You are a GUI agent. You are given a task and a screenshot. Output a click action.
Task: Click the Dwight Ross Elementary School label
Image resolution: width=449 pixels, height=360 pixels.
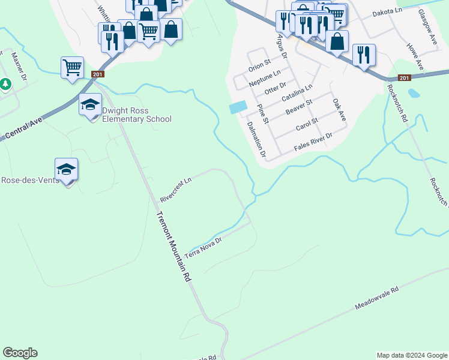(x=137, y=115)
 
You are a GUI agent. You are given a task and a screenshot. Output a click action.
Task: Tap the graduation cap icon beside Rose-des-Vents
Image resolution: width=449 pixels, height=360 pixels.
(x=66, y=170)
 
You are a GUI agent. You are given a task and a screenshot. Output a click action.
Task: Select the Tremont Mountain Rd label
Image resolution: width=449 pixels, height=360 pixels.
(x=173, y=247)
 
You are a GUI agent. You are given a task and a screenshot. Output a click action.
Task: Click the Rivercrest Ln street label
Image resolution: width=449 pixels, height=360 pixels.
(x=175, y=190)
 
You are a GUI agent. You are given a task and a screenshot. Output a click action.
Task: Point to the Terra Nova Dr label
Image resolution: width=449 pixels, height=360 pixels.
(x=203, y=247)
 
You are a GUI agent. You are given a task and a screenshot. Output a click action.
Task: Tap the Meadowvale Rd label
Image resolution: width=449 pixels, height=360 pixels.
(x=377, y=298)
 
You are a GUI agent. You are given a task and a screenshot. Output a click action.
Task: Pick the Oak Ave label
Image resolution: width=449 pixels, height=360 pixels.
(x=339, y=110)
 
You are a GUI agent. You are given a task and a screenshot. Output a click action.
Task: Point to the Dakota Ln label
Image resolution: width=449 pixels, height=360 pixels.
(x=387, y=11)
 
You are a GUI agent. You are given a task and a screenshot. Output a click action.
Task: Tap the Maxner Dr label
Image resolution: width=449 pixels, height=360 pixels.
(x=19, y=67)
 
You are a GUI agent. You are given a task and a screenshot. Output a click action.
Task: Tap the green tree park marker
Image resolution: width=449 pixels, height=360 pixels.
(x=5, y=84)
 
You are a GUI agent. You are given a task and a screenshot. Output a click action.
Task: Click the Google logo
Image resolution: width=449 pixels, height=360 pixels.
(x=20, y=353)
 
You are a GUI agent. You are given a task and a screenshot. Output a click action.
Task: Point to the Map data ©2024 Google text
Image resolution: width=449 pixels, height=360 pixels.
(x=411, y=355)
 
